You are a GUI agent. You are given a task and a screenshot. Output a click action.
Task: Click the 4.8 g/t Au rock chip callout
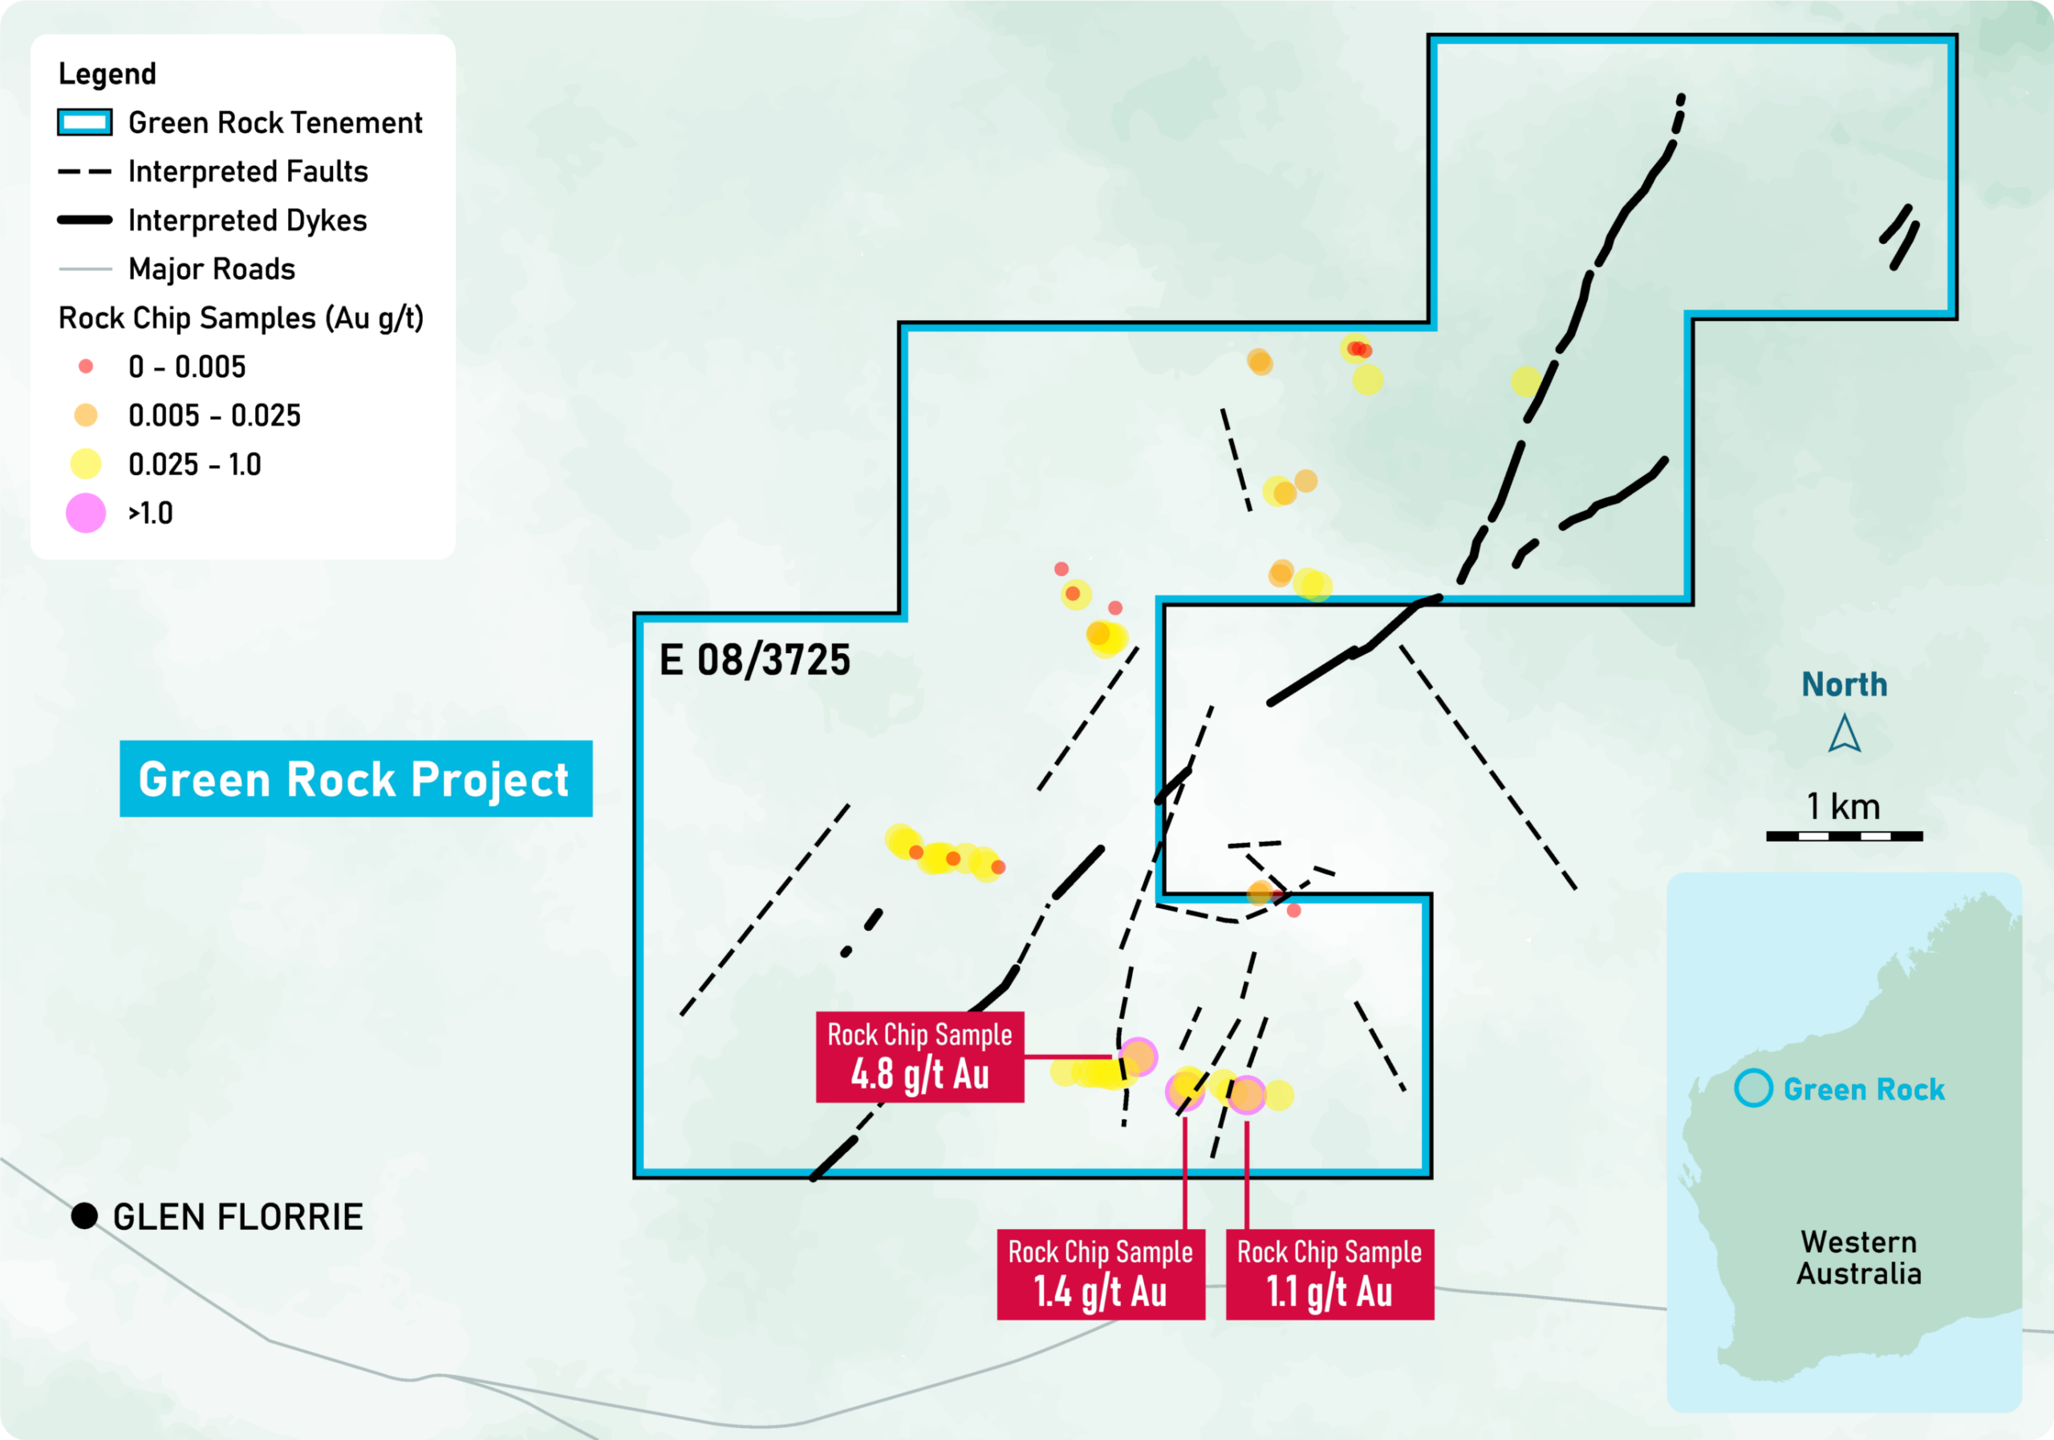pos(919,1057)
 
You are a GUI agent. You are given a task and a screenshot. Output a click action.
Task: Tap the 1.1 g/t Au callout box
pos(1329,1274)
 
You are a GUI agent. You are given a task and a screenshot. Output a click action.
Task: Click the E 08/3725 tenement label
pos(755,660)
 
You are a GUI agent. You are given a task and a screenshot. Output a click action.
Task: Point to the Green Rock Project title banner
pos(356,778)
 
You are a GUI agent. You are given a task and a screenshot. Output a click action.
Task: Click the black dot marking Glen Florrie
pos(84,1216)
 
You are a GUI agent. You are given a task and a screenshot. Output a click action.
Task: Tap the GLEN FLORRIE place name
pos(238,1217)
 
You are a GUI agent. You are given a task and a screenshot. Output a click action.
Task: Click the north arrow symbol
pos(1845,733)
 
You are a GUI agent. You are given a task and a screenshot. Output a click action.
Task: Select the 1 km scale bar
pos(1844,836)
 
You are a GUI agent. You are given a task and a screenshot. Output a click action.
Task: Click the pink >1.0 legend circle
pos(86,513)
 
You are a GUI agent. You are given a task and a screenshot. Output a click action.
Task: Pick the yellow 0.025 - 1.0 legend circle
pos(86,464)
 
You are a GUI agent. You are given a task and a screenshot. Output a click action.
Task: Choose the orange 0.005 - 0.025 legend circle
pos(86,415)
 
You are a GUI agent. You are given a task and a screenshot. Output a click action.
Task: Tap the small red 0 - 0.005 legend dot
pos(86,366)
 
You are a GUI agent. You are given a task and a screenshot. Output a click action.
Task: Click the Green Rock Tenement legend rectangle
pos(85,123)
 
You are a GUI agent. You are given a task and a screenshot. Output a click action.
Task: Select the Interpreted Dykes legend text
pos(248,221)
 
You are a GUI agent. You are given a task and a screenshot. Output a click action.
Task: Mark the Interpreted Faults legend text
pos(249,172)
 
